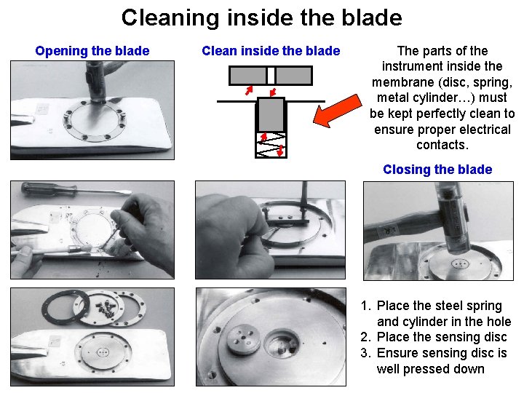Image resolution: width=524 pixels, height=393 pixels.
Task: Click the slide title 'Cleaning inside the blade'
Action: point(262,17)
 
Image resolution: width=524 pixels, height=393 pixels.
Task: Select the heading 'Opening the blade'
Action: point(92,51)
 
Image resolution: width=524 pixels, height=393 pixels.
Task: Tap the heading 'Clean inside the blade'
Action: point(271,51)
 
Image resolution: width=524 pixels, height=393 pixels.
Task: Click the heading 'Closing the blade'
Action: point(437,170)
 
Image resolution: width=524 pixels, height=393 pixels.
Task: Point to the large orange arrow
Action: point(338,111)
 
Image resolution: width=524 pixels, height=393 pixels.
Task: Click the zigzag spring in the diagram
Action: point(271,145)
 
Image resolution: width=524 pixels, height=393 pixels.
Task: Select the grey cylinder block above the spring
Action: point(271,115)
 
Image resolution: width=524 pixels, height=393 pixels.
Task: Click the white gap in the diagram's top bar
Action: point(271,76)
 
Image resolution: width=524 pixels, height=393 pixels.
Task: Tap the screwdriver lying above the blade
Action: point(76,190)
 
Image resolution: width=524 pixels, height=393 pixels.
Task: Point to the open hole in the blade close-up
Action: point(282,345)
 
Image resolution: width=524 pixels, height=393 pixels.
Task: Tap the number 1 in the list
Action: point(365,306)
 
